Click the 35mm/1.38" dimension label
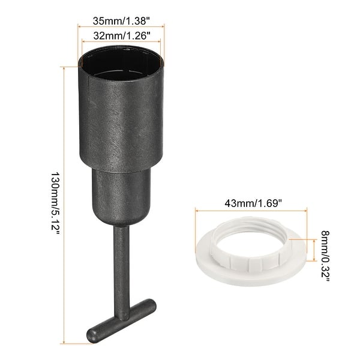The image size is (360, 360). [x=120, y=19]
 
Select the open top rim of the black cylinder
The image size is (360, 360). [x=121, y=62]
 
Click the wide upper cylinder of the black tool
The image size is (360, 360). [x=121, y=120]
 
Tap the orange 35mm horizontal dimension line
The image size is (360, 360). [x=120, y=26]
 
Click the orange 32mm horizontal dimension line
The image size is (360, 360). [x=120, y=41]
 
